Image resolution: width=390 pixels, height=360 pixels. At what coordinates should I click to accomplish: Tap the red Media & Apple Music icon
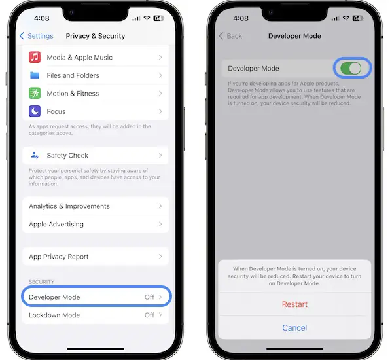[x=35, y=57]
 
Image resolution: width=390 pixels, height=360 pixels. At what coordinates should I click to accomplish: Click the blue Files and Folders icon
[x=35, y=75]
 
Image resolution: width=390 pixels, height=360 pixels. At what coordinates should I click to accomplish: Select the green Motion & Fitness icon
[x=35, y=94]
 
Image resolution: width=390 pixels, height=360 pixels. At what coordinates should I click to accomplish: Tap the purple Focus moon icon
[x=35, y=111]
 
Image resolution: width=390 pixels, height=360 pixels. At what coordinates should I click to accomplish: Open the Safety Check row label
[x=67, y=156]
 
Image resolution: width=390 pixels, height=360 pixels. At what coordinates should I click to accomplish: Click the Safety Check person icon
[x=35, y=155]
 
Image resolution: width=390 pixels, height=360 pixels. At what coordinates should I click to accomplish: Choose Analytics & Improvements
[x=69, y=206]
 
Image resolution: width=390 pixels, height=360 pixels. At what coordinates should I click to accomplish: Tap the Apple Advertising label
[x=56, y=224]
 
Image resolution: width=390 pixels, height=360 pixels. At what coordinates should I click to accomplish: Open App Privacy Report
[x=59, y=257]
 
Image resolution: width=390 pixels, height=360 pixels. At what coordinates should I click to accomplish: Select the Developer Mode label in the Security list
[x=54, y=297]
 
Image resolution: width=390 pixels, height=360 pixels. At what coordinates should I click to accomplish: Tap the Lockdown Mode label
[x=54, y=315]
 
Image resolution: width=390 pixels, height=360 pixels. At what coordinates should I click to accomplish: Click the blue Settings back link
[x=36, y=36]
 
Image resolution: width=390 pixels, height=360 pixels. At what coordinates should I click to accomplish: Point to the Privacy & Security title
[x=96, y=36]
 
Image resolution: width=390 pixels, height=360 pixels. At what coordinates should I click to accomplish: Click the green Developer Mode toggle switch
[x=351, y=69]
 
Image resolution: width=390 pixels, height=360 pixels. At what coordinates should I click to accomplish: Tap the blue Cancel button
[x=294, y=328]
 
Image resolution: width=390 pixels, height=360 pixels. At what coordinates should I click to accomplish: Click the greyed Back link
[x=230, y=36]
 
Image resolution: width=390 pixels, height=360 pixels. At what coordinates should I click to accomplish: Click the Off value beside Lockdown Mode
[x=149, y=315]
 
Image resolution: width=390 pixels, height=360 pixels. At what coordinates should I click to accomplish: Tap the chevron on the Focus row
[x=160, y=111]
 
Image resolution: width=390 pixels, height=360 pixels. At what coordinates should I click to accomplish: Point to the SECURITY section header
[x=41, y=282]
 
